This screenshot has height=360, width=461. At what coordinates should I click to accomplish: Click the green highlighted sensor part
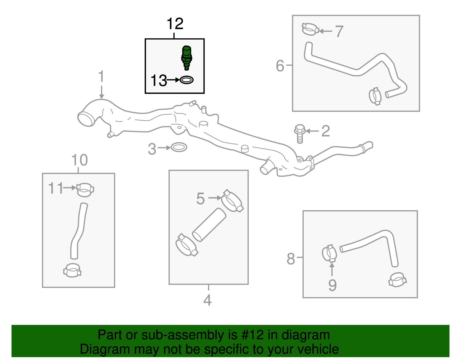(187, 57)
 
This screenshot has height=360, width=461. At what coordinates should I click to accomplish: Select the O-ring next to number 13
(187, 80)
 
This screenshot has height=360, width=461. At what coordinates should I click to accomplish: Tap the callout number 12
(175, 24)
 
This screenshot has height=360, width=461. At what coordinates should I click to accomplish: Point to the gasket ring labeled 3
(179, 147)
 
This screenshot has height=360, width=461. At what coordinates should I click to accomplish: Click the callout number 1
(101, 77)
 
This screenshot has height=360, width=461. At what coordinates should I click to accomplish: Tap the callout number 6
(280, 66)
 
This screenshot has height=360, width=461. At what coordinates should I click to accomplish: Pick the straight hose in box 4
(209, 225)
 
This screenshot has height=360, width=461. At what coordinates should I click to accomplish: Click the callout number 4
(207, 300)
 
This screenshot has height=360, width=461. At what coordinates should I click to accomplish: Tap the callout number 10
(80, 160)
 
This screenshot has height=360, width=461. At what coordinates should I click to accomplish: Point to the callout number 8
(291, 259)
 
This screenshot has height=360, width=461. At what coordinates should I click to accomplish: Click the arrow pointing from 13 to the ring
(173, 80)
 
